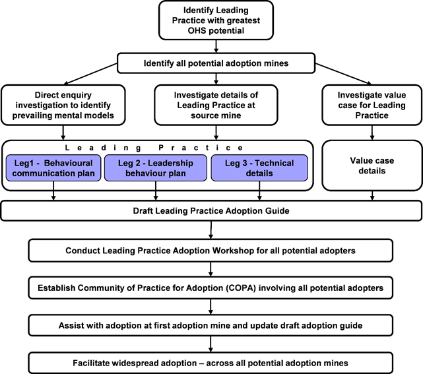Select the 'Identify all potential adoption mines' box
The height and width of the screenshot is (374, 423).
pyautogui.click(x=211, y=64)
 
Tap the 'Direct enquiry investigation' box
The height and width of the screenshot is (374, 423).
pyautogui.click(x=64, y=104)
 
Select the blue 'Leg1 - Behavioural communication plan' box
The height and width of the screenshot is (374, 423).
pyautogui.click(x=53, y=168)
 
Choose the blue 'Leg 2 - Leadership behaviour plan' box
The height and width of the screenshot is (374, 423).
pyautogui.click(x=156, y=168)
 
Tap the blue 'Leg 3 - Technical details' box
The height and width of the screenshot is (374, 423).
pyautogui.click(x=259, y=168)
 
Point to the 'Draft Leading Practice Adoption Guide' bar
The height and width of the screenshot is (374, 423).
pyautogui.click(x=211, y=210)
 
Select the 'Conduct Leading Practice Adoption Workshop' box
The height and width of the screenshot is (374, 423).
pyautogui.click(x=211, y=251)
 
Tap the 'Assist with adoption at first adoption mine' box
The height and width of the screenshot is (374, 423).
pyautogui.click(x=211, y=325)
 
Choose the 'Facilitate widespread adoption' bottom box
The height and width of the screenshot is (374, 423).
pyautogui.click(x=211, y=363)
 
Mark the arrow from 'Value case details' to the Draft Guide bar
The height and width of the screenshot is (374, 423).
pyautogui.click(x=372, y=195)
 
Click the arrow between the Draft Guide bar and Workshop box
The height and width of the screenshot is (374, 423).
pyautogui.click(x=211, y=230)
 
